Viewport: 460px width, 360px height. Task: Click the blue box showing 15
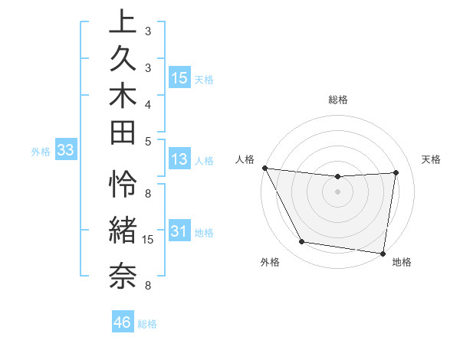tap(179, 78)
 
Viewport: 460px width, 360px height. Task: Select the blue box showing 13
tap(179, 159)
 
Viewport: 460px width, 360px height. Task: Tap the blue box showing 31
tap(179, 231)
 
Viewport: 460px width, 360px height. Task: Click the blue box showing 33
tap(65, 151)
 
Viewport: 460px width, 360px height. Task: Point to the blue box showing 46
tap(122, 322)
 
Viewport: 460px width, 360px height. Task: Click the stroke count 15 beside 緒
tap(149, 240)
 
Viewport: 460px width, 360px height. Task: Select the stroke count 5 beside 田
tap(148, 140)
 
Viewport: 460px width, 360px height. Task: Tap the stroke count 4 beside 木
tap(148, 103)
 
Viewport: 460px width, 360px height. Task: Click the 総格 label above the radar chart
tap(338, 100)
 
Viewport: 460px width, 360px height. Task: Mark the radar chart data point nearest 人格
tap(264, 168)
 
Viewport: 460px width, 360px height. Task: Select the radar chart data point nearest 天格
tap(396, 172)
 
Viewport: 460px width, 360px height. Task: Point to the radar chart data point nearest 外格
tap(302, 242)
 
